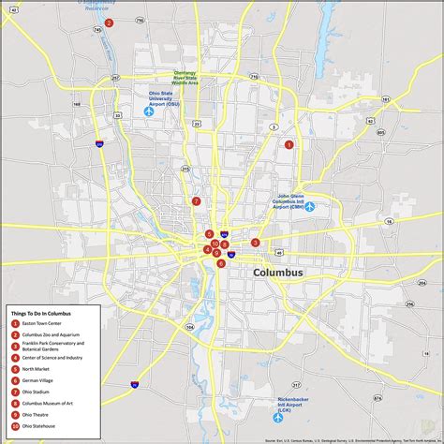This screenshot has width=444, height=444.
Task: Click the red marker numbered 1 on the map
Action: [x=289, y=144]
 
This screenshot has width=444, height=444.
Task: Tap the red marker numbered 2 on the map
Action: [x=110, y=22]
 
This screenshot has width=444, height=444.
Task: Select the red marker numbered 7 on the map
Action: [x=196, y=200]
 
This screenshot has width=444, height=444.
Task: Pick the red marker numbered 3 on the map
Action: [x=255, y=243]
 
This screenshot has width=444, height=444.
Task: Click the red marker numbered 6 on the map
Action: [x=221, y=263]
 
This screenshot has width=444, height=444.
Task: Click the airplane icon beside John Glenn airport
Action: [x=310, y=206]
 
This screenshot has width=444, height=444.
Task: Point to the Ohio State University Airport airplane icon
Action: [x=148, y=111]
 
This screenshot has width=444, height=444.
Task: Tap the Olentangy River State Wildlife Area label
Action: [x=185, y=77]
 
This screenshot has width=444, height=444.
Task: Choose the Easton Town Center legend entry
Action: [x=44, y=323]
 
